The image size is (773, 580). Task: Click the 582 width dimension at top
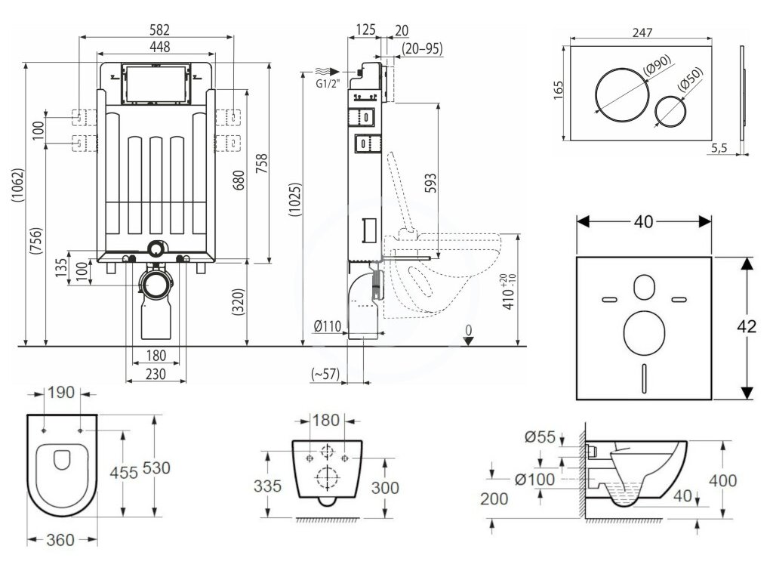pyautogui.click(x=159, y=30)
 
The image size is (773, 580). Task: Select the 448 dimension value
pyautogui.click(x=159, y=47)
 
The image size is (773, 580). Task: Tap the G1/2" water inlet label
pyautogui.click(x=326, y=83)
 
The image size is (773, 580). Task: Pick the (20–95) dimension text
pyautogui.click(x=422, y=48)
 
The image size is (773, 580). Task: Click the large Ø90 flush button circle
pyautogui.click(x=621, y=99)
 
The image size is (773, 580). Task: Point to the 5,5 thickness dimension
pyautogui.click(x=719, y=149)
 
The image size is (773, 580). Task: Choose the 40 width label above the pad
pyautogui.click(x=644, y=221)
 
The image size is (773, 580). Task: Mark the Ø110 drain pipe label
pyautogui.click(x=328, y=326)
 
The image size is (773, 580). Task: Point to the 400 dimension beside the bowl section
pyautogui.click(x=722, y=480)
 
